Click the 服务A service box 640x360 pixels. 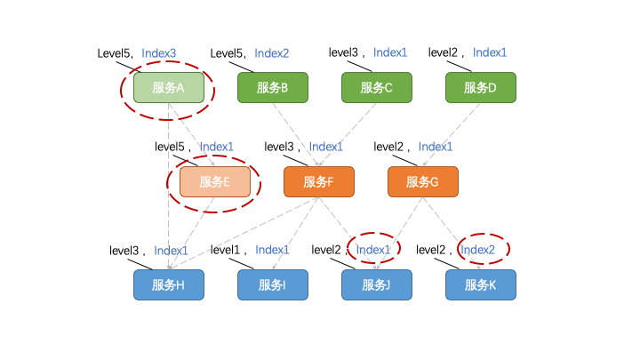coord(169,87)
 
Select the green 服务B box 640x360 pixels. coord(272,87)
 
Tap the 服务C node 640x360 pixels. coord(377,87)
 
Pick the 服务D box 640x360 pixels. coord(481,87)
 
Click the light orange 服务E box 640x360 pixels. coord(214,182)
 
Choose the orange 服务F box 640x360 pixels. coord(318,182)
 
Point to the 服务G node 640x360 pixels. coord(422,182)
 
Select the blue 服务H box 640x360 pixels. coord(169,285)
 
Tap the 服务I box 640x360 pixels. coord(272,285)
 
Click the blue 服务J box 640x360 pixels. coord(377,285)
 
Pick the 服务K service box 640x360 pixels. coord(481,285)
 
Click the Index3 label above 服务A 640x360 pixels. coord(159,53)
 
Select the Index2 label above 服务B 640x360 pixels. coord(272,53)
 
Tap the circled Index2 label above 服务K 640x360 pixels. coord(478,250)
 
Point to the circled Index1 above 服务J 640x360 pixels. coord(373,250)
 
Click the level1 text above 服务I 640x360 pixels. coord(227,250)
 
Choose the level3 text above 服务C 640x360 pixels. coord(344,52)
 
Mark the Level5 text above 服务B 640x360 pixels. coord(227,53)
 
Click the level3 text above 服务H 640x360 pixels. coord(125,251)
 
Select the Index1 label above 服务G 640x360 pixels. coord(436,147)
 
